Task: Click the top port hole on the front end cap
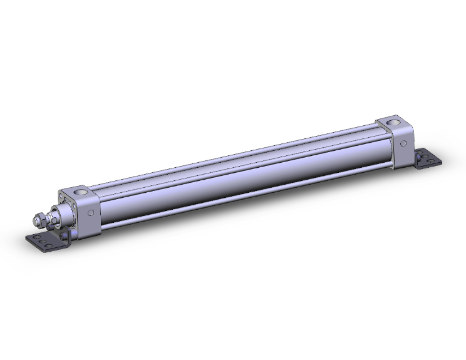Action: click(x=80, y=191)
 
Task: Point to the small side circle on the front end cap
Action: click(x=91, y=213)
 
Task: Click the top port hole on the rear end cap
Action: click(x=392, y=120)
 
